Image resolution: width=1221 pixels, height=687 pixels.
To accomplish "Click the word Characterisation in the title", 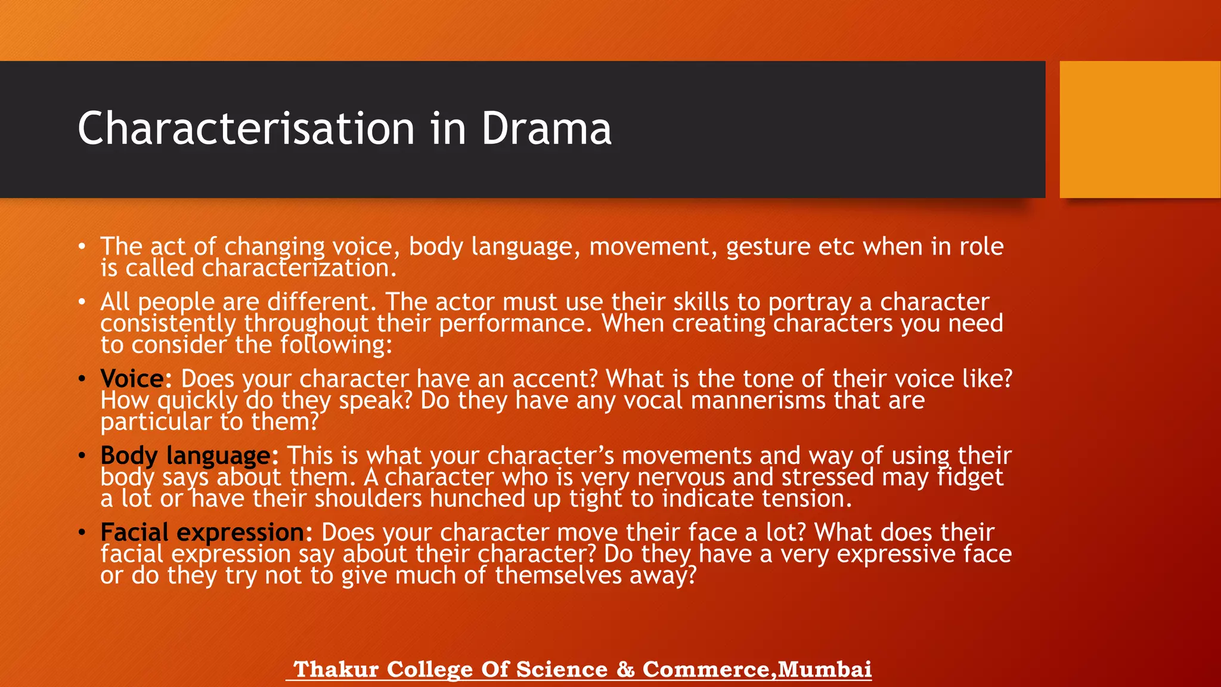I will [x=246, y=129].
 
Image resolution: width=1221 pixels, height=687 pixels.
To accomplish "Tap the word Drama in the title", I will [x=546, y=129].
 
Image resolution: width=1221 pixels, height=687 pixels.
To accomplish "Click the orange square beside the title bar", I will [x=1139, y=129].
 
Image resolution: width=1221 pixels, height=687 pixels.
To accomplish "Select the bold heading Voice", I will [x=132, y=379].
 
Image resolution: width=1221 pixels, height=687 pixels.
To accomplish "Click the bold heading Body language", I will [x=185, y=456].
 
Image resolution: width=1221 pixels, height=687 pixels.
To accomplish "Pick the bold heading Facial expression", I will [x=202, y=533].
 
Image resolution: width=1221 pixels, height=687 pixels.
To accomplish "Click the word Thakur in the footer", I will [x=336, y=669].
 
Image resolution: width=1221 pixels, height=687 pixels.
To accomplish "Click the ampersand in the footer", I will [x=625, y=669].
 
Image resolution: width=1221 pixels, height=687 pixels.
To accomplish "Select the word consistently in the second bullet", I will [x=168, y=324].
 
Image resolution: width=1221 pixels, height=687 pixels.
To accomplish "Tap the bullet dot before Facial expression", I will [x=82, y=533].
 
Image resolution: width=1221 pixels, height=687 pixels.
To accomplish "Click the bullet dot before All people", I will [x=82, y=302].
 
